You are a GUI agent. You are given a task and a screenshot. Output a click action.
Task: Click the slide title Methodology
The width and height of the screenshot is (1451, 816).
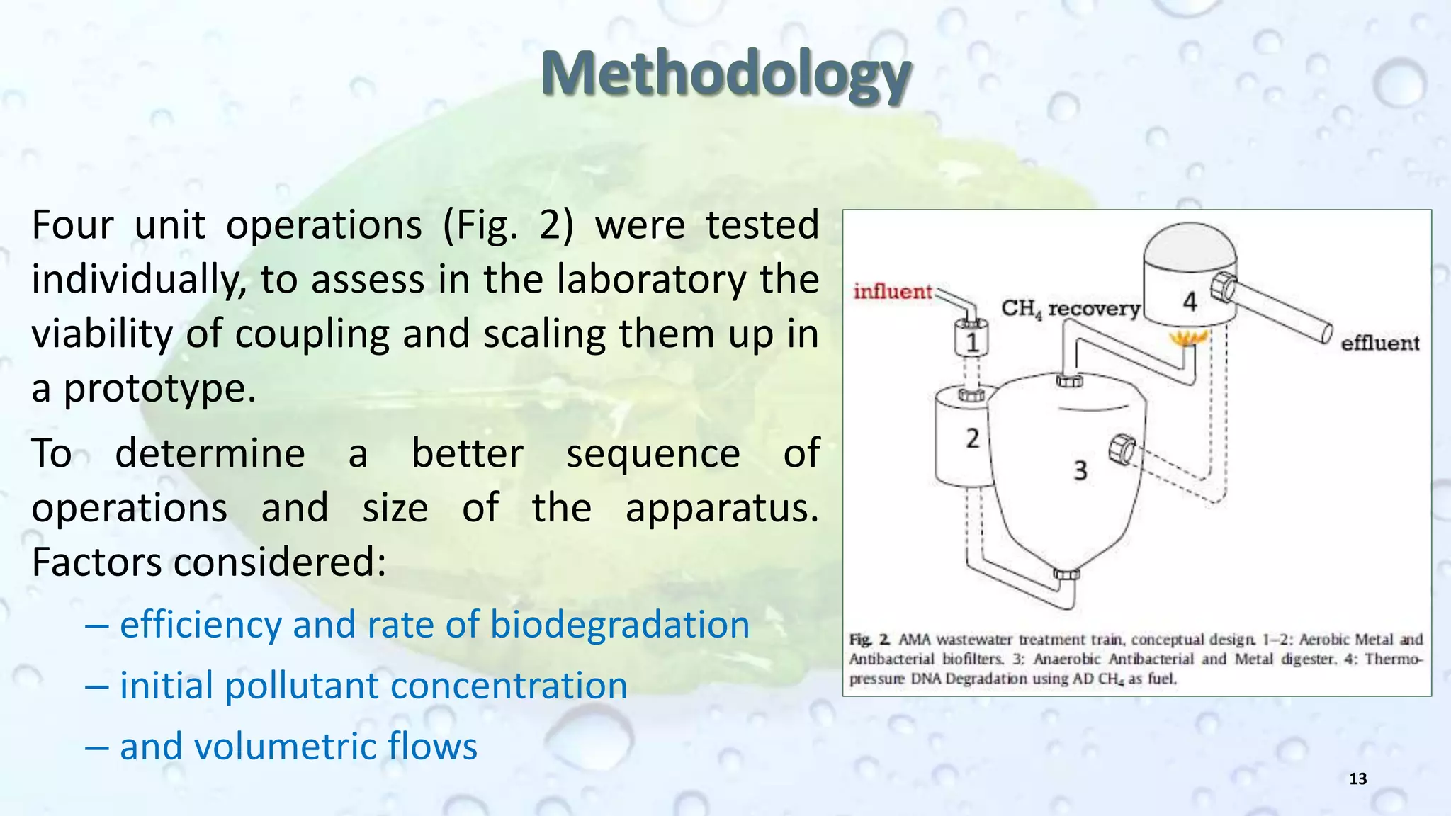(x=725, y=74)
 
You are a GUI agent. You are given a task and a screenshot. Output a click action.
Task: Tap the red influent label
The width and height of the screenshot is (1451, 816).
(x=893, y=291)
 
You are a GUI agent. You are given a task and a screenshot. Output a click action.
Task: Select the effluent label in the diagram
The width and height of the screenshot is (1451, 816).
(x=1379, y=344)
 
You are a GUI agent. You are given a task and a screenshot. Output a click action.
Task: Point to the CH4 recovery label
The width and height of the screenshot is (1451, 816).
(x=1070, y=309)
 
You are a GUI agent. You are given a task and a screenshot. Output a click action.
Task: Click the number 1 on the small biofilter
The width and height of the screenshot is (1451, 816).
(x=972, y=343)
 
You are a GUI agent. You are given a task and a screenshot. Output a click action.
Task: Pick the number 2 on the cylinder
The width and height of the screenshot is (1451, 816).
(x=972, y=438)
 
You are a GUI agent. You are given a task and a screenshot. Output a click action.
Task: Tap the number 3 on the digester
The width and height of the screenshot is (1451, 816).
(x=1080, y=470)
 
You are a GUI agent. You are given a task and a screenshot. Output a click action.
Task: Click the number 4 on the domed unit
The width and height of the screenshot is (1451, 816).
(x=1190, y=302)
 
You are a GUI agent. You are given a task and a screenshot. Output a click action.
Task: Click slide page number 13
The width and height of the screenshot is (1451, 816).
(x=1357, y=779)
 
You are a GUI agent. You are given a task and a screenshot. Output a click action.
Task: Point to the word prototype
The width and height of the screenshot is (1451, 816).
(x=159, y=388)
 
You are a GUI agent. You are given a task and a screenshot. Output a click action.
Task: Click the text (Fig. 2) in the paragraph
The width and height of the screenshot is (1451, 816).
(x=508, y=225)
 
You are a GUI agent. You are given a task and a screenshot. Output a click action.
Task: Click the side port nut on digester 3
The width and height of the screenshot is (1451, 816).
(x=1122, y=450)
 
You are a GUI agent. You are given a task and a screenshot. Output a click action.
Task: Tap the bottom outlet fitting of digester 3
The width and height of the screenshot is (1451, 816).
(x=1066, y=574)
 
